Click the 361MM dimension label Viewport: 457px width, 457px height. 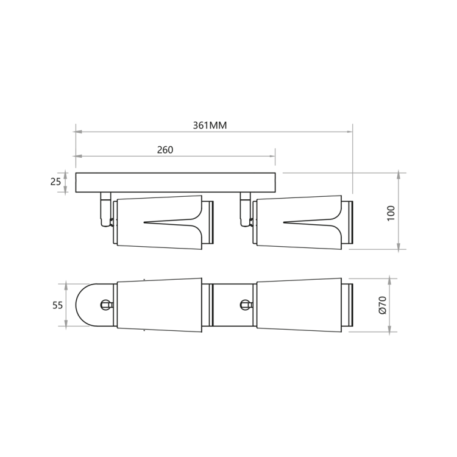coord(210,126)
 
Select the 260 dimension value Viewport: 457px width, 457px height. coord(165,150)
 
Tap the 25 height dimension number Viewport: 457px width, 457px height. coord(55,182)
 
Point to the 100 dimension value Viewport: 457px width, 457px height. coord(391,213)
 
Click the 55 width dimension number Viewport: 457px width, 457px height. coord(57,305)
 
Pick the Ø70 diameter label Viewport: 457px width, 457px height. coord(383,305)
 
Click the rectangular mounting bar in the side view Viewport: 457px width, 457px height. coord(175,182)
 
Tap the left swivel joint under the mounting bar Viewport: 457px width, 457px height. coord(105,209)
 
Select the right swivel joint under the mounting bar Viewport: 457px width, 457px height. coord(246,209)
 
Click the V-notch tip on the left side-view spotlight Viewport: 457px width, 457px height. coord(144,222)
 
